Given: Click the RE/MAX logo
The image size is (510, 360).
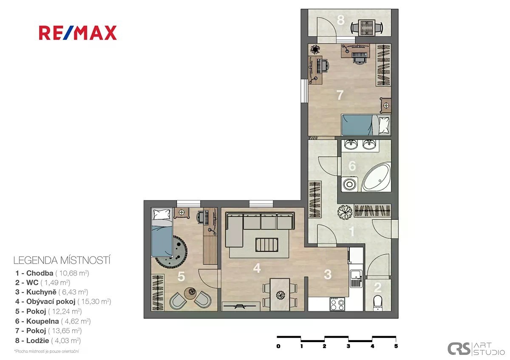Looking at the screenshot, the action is pyautogui.click(x=78, y=33).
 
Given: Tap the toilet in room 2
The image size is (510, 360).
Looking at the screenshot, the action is pyautogui.click(x=378, y=302).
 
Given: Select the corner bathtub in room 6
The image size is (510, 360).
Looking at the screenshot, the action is pyautogui.click(x=376, y=177).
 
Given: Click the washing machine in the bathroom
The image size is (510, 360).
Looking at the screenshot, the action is pyautogui.click(x=349, y=184).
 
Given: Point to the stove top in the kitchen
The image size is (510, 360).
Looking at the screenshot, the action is pyautogui.click(x=337, y=304).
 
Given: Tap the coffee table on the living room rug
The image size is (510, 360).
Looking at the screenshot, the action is pyautogui.click(x=267, y=245).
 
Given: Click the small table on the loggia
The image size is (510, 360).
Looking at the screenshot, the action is pyautogui.click(x=366, y=27).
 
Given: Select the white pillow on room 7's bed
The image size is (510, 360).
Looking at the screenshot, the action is pyautogui.click(x=384, y=125).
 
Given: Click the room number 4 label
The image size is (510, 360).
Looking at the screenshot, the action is pyautogui.click(x=257, y=268).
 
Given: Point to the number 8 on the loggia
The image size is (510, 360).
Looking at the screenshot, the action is pyautogui.click(x=340, y=20).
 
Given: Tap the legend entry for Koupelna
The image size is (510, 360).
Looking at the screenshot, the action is pyautogui.click(x=53, y=321).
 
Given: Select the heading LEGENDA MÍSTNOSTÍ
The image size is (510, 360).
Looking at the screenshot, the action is pyautogui.click(x=62, y=261).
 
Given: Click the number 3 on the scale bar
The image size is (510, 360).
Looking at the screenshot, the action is pyautogui.click(x=348, y=346).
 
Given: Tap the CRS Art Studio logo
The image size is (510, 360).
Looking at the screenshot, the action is pyautogui.click(x=476, y=349).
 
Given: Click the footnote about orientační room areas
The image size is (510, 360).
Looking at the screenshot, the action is pyautogui.click(x=47, y=351).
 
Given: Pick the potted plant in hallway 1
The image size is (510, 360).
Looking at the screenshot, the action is pyautogui.click(x=345, y=212).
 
